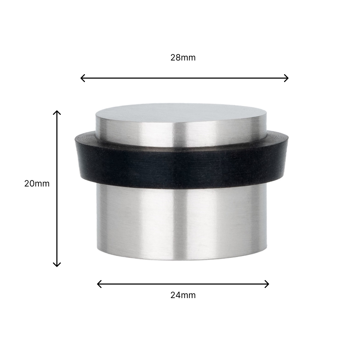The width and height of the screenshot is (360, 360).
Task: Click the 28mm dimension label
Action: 183,58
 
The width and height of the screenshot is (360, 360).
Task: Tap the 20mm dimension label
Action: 37,184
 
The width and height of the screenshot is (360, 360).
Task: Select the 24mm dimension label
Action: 183,295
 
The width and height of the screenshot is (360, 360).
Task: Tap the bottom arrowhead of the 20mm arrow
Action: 57,265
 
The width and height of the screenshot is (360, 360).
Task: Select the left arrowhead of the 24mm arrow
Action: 98,284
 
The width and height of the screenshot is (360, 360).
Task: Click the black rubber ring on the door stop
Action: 183,167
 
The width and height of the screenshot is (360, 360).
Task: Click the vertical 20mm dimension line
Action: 57,216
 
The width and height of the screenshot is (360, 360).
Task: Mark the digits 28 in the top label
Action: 175,58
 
